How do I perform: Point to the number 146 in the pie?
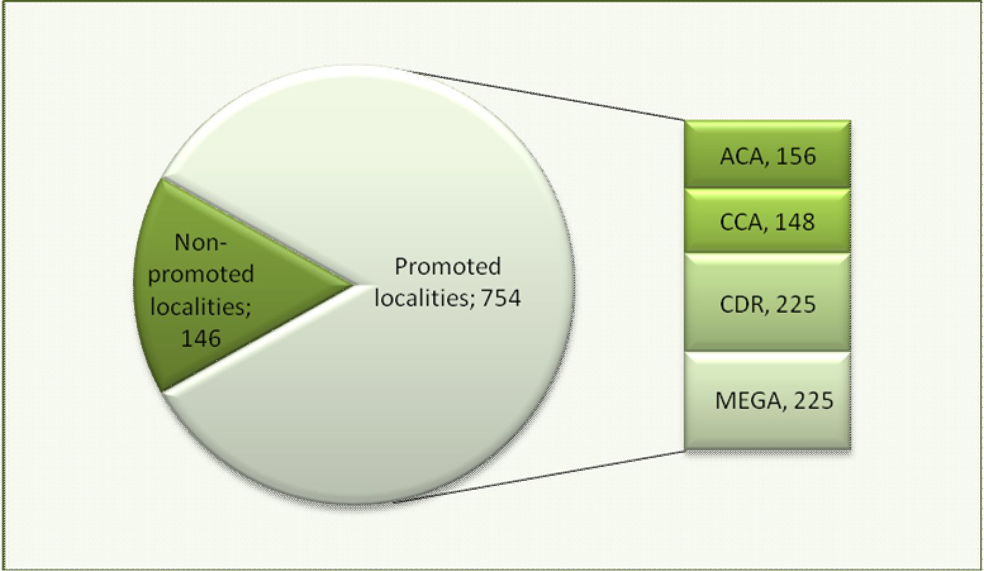(201, 338)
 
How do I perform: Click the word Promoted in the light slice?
(448, 266)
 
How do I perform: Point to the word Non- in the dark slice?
(201, 242)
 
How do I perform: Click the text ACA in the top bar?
(740, 156)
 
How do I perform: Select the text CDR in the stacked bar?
(741, 304)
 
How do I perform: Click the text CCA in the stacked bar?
(740, 222)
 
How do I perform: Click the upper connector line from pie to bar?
(545, 94)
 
